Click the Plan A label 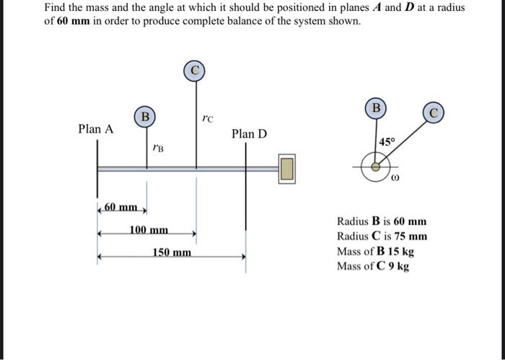click(x=96, y=129)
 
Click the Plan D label click(x=249, y=134)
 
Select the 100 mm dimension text click(x=149, y=230)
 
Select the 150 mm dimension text click(x=172, y=253)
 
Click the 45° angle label click(x=387, y=143)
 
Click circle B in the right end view click(x=375, y=107)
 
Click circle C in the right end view click(x=433, y=113)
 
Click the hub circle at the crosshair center click(x=375, y=166)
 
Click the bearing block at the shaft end click(x=287, y=169)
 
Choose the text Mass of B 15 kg click(x=374, y=252)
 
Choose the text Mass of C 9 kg click(x=372, y=266)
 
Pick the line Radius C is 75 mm click(x=382, y=237)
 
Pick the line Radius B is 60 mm click(x=382, y=221)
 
